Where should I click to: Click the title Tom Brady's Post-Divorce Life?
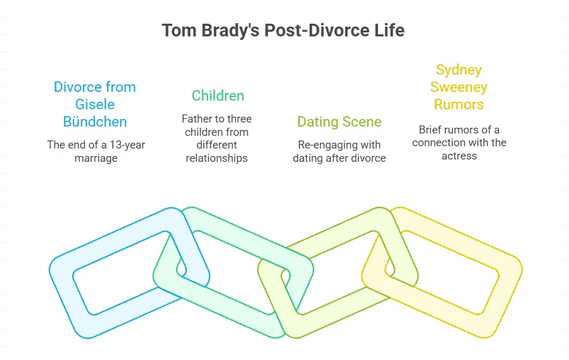coord(283,30)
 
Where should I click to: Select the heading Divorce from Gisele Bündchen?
coord(95,105)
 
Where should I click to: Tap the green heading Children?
coord(218,95)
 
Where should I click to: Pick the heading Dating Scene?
coord(339,121)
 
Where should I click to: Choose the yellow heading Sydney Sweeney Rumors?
coord(459,87)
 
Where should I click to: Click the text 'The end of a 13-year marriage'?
coord(96,151)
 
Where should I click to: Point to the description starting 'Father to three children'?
coord(217,138)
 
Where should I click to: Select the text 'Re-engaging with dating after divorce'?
coord(339,151)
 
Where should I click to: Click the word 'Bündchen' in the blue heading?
coord(95,122)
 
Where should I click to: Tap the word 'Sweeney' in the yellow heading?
coord(459,87)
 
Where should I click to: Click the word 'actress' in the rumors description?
coord(459,155)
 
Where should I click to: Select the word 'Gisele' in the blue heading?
coord(95,105)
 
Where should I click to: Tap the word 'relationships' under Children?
coord(217,158)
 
